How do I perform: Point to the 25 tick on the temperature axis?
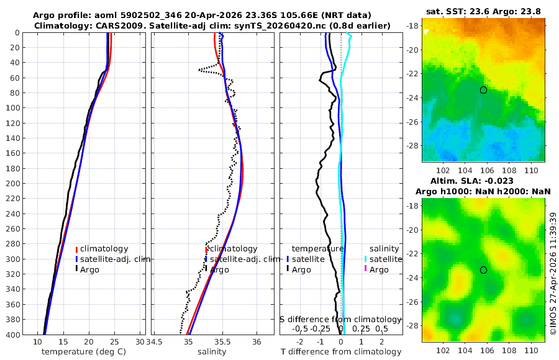click(114, 342)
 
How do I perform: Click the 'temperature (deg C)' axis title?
click(84, 352)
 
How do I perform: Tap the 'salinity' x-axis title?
click(212, 352)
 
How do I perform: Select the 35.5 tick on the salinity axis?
click(222, 342)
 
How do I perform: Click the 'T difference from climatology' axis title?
click(341, 352)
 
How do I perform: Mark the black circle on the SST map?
click(483, 90)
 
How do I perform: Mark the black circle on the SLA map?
click(483, 270)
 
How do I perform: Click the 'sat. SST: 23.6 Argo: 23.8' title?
click(483, 12)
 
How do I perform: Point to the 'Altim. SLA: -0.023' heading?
click(472, 181)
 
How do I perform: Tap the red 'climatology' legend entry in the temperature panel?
click(102, 249)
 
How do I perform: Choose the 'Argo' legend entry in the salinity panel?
click(217, 270)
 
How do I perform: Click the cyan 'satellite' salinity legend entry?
click(383, 259)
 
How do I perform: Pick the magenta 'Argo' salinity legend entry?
click(376, 270)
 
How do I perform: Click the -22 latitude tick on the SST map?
click(412, 74)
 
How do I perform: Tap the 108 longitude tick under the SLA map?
click(509, 350)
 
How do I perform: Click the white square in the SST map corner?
click(426, 32)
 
